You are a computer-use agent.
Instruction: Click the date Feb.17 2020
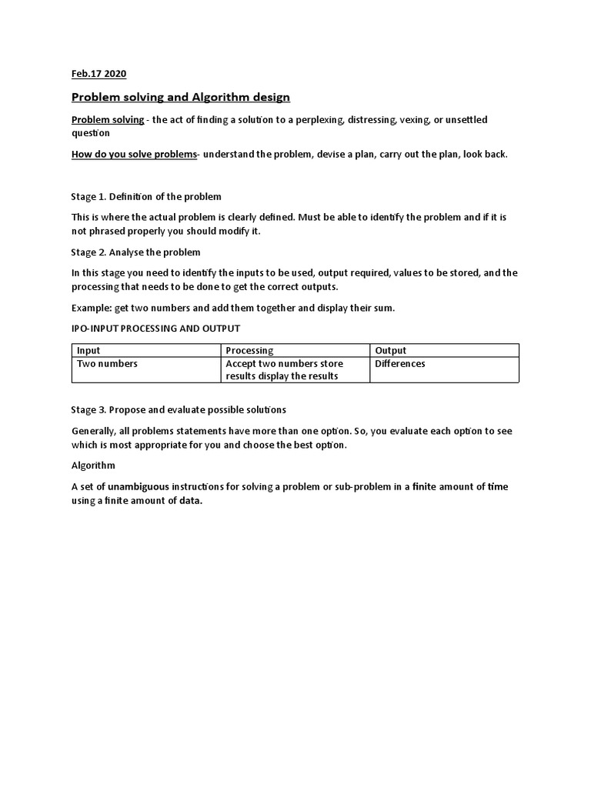tap(98, 74)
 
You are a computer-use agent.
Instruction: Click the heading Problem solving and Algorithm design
tap(181, 98)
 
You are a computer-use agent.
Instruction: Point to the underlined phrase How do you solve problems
tap(135, 154)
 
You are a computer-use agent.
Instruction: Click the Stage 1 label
tap(88, 197)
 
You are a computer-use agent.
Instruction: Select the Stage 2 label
tap(88, 252)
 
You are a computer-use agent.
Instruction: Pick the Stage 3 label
tap(88, 409)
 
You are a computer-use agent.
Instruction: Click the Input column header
tap(88, 351)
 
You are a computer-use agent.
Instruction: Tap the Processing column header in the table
tap(249, 351)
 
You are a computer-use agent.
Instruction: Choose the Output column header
tap(391, 351)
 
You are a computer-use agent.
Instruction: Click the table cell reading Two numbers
tap(107, 364)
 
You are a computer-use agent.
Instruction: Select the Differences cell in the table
tap(400, 364)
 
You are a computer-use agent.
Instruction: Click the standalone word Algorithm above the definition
tap(93, 466)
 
